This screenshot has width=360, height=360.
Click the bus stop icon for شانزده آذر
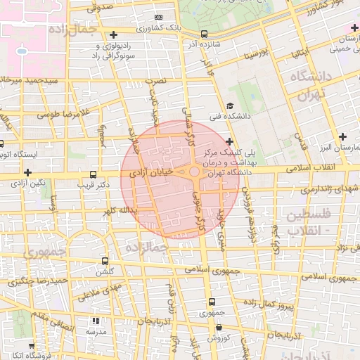(x=204, y=33)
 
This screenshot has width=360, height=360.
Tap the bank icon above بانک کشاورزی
(x=158, y=17)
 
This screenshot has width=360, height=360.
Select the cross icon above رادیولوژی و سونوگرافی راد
(x=113, y=34)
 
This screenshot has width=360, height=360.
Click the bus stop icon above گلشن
(x=105, y=261)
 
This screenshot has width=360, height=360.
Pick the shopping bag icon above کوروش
(x=219, y=327)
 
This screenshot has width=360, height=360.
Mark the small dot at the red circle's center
(x=193, y=172)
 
